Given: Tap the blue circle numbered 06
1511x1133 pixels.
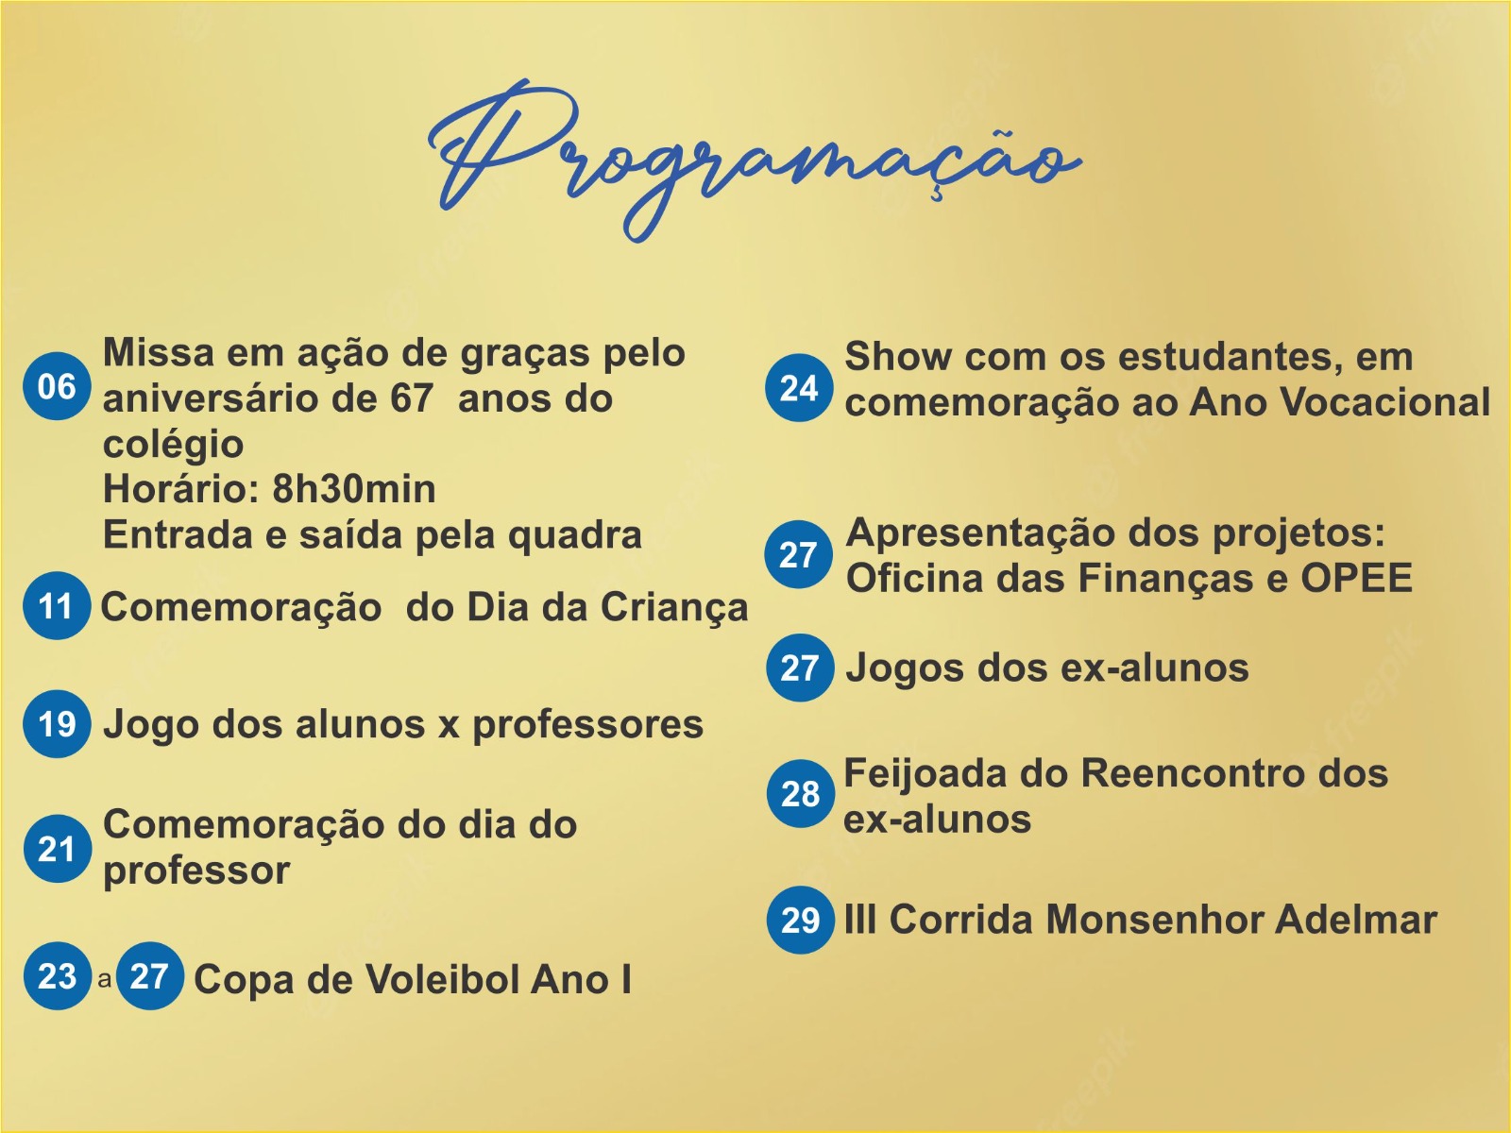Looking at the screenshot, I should tap(57, 386).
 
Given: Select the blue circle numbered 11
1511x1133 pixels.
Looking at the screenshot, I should tap(57, 606).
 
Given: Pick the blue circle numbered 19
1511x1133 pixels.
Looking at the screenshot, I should tap(57, 724).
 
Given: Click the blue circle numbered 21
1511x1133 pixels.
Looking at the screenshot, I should tap(57, 849).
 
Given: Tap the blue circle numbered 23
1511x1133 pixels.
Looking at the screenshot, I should tap(57, 976).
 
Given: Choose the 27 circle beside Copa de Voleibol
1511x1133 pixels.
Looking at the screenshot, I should tap(149, 976).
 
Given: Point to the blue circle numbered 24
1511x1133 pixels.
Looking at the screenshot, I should tap(799, 387).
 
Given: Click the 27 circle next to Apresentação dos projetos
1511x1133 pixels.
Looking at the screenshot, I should tap(799, 554).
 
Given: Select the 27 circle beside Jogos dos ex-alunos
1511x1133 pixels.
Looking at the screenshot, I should tap(799, 668).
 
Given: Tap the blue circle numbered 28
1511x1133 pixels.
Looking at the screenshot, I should tap(800, 794).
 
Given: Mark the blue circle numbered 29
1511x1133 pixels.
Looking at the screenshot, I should tap(800, 920).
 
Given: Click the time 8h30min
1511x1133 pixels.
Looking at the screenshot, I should tap(354, 489).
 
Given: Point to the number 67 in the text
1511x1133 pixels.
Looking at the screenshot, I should tap(412, 398).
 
